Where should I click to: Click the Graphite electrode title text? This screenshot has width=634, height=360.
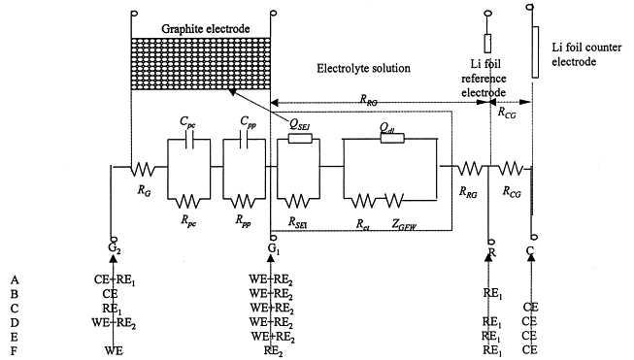coord(206,29)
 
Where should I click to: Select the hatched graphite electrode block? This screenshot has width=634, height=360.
coord(201,63)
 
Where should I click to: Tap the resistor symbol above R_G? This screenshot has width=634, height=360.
coord(143,169)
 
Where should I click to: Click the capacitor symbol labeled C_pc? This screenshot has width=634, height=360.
coord(188,143)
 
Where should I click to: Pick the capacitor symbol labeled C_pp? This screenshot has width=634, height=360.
coord(244,143)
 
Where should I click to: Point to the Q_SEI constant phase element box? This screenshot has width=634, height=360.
coord(300,139)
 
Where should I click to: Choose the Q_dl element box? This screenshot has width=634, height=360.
coord(392,139)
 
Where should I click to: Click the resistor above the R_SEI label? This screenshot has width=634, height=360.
coord(298,201)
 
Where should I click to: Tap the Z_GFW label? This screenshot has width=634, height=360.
coord(404,225)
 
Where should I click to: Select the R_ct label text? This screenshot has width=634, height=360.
coord(363,225)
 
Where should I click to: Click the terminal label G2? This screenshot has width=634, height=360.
coord(115,249)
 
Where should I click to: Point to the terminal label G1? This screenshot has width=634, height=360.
coord(274,249)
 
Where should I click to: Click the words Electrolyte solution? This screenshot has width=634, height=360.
coord(363,68)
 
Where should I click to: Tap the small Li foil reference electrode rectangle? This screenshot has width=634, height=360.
coord(487,44)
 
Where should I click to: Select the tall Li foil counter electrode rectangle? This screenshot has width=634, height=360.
coord(535,52)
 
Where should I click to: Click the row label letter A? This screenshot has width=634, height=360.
coord(15,279)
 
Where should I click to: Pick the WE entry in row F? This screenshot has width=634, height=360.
coord(114,350)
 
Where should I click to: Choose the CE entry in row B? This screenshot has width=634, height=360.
coord(110,293)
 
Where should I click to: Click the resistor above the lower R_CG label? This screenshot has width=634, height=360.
coord(511,169)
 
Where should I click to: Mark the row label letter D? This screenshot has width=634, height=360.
coord(15,322)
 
